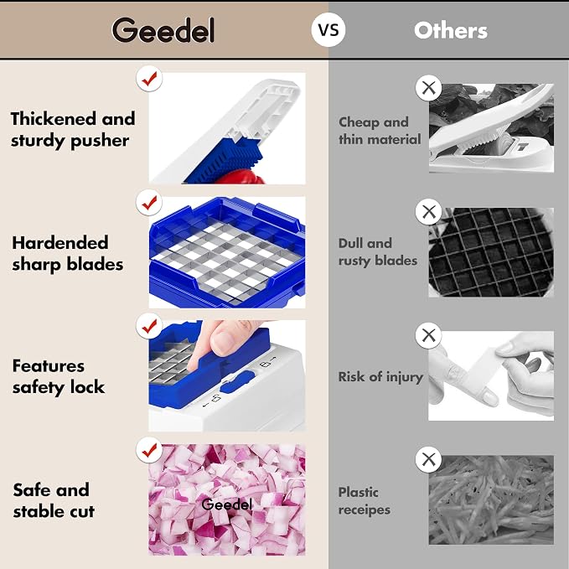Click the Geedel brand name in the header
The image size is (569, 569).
[163, 30]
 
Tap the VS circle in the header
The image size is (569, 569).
[328, 30]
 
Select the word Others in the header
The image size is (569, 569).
[451, 30]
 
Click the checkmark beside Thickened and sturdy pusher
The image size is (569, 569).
[149, 79]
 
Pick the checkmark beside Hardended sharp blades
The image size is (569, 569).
[149, 203]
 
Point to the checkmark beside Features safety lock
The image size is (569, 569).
[149, 326]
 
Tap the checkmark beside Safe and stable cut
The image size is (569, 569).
[149, 450]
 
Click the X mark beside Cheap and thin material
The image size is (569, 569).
[428, 88]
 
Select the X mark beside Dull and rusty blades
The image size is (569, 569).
[428, 211]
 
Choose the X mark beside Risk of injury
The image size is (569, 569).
[428, 335]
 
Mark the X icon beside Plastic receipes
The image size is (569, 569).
[428, 459]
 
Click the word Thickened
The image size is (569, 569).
[54, 119]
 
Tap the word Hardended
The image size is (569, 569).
[60, 243]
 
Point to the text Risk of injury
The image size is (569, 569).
[380, 376]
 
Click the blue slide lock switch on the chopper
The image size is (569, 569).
[238, 382]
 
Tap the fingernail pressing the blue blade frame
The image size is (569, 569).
[223, 343]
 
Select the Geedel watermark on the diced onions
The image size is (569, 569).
[226, 504]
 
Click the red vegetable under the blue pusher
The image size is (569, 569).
[242, 178]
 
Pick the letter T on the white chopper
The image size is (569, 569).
[523, 147]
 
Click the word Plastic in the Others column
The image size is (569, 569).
[359, 492]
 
